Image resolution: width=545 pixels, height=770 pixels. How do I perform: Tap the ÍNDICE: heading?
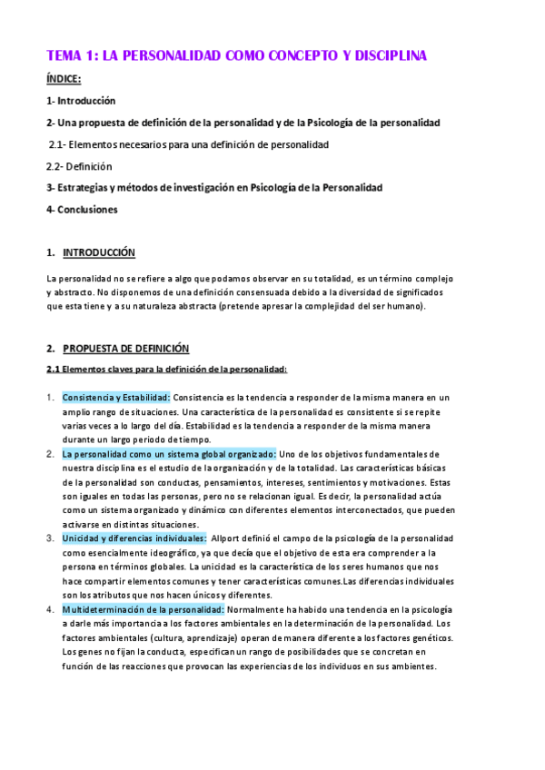point(64,79)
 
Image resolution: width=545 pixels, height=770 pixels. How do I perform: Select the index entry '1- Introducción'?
point(81,101)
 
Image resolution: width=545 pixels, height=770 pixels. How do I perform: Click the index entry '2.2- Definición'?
point(79,166)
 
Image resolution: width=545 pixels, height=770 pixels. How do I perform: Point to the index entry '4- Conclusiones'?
point(82,210)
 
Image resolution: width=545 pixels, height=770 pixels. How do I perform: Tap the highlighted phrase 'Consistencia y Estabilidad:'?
point(116,398)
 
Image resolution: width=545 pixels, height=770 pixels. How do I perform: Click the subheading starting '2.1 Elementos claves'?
point(166,369)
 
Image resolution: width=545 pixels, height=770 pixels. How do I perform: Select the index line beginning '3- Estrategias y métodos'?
point(214,188)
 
